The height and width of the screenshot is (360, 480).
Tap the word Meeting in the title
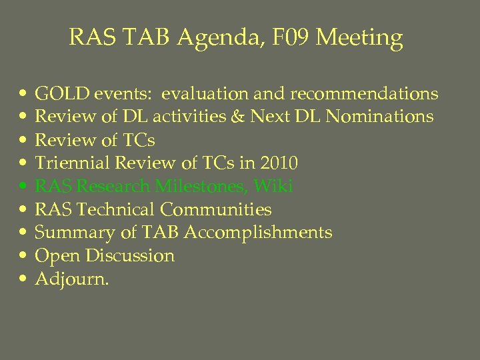pos(359,38)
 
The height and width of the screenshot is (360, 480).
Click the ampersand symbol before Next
pos(238,117)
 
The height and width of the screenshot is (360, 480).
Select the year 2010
pos(278,163)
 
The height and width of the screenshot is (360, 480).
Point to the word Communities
pos(215,209)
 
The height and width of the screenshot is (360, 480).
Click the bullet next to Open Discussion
pos(23,257)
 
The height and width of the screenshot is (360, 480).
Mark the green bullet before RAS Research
pos(23,187)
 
